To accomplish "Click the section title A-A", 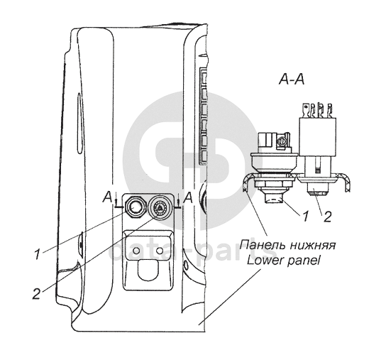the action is point(292,80).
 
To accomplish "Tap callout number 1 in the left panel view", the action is point(38,253).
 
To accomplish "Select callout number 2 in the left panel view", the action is point(36,293).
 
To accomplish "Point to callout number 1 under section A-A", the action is point(305,217).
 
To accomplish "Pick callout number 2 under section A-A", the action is point(327,217).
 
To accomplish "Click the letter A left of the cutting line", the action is point(107,197).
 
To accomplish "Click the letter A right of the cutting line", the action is point(188,197).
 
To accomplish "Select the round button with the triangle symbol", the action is point(159,207).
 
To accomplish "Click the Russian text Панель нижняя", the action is point(287,245).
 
